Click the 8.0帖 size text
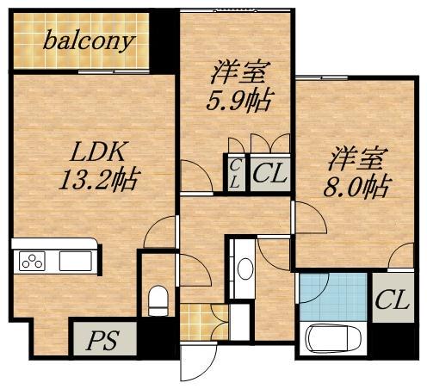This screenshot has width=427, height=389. (x=356, y=186)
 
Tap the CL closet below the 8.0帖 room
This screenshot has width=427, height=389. (x=392, y=302)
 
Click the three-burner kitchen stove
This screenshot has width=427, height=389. (x=31, y=260)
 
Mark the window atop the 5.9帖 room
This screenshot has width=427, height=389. (x=234, y=9)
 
